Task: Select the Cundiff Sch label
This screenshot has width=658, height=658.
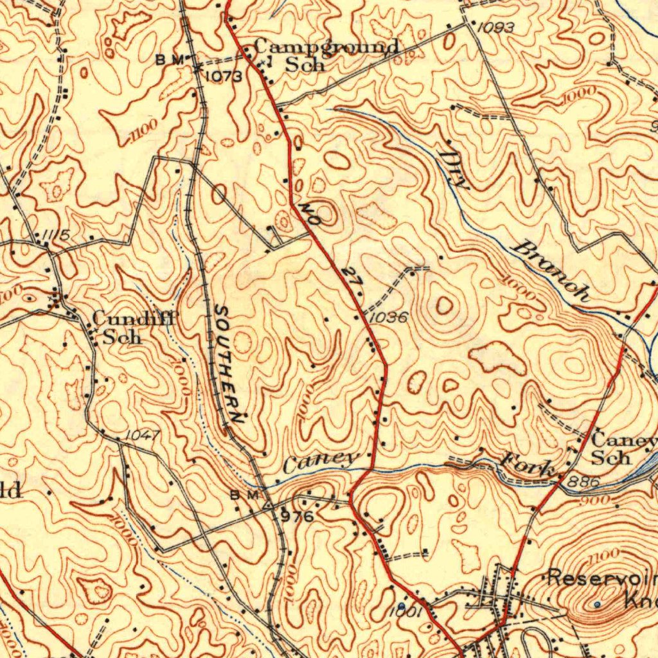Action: click(134, 326)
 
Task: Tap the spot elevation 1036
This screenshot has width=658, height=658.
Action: click(389, 317)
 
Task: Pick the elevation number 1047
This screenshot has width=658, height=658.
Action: click(142, 435)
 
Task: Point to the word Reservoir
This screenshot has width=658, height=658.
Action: click(601, 578)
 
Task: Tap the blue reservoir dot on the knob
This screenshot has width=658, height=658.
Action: click(597, 604)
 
